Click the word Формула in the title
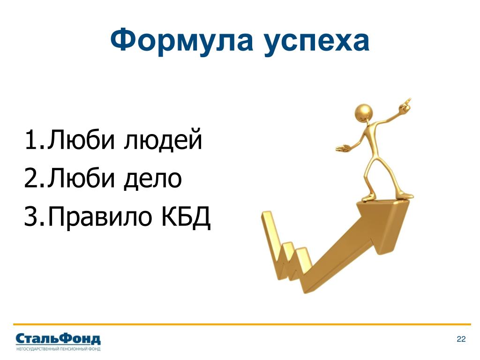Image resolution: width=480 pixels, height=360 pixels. [x=181, y=40]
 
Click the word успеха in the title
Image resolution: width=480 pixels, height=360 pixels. [x=317, y=43]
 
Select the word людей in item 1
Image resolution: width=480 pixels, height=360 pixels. [x=163, y=141]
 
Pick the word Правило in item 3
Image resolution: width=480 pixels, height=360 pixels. [x=100, y=217]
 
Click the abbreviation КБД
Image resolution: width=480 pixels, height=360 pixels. [x=186, y=216]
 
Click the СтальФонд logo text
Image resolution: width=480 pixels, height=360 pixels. [x=58, y=339]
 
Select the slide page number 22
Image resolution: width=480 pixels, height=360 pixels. [x=461, y=339]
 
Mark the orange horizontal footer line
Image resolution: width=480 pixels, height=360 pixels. [x=242, y=324]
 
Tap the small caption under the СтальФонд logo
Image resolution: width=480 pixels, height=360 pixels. [x=58, y=349]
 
